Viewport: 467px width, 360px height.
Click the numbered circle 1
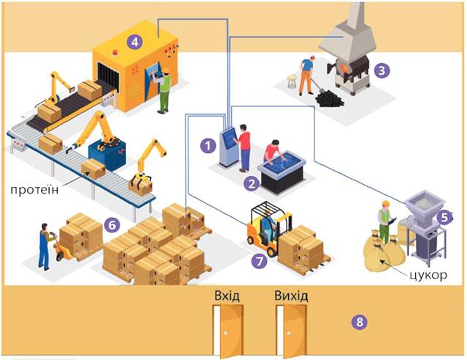pyautogui.click(x=208, y=145)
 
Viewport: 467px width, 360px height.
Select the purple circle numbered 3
pyautogui.click(x=380, y=71)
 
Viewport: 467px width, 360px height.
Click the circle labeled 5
pyautogui.click(x=444, y=217)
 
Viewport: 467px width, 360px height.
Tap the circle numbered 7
pyautogui.click(x=257, y=260)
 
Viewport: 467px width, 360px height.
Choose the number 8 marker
pyautogui.click(x=358, y=321)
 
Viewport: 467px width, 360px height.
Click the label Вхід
pyautogui.click(x=227, y=295)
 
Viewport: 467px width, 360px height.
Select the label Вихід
pyautogui.click(x=290, y=295)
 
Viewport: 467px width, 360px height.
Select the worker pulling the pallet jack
pyautogui.click(x=45, y=245)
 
